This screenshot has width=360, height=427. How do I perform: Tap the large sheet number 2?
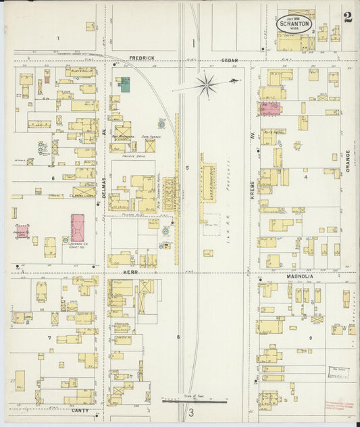(x=347, y=18)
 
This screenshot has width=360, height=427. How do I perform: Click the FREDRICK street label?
(x=144, y=59)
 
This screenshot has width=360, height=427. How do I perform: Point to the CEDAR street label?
(x=230, y=59)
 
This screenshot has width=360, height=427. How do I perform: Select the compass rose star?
(x=207, y=85)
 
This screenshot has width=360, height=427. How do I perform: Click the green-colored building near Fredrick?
(x=125, y=84)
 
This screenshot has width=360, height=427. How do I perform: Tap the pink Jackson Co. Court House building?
(x=78, y=228)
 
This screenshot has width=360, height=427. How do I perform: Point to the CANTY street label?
(x=80, y=409)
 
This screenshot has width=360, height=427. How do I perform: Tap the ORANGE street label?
(x=349, y=161)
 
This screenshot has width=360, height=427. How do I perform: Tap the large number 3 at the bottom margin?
(x=191, y=413)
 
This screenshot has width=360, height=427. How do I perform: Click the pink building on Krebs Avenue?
(x=271, y=107)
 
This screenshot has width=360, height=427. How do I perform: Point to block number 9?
(x=311, y=337)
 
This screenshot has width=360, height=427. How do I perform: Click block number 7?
(x=49, y=337)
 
